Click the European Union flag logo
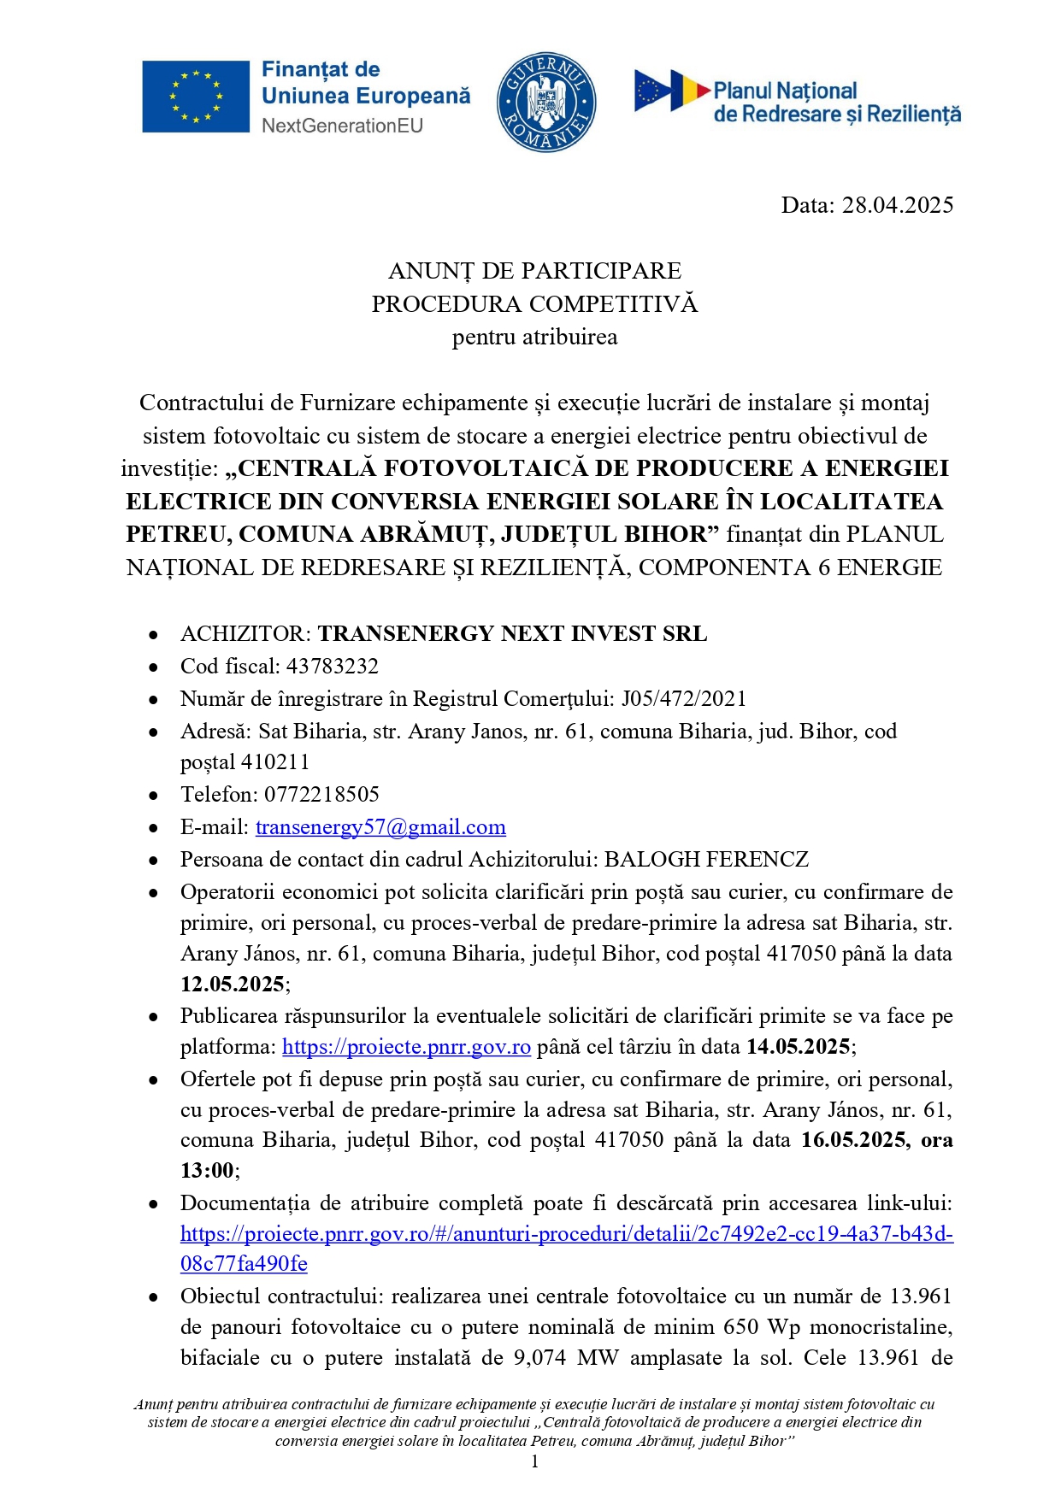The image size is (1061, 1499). click(x=195, y=97)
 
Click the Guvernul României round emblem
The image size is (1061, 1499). click(x=546, y=102)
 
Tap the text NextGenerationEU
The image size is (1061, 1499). click(x=342, y=126)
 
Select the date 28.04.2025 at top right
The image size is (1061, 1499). click(x=898, y=205)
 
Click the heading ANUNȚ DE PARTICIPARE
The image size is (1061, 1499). click(x=534, y=271)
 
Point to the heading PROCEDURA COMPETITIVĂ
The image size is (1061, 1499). click(x=534, y=304)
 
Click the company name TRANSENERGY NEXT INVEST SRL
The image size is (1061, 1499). click(x=512, y=633)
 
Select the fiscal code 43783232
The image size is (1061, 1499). click(x=332, y=666)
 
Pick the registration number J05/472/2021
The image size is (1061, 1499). click(x=683, y=698)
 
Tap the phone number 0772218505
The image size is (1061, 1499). click(x=321, y=794)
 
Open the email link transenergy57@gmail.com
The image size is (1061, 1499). click(x=380, y=827)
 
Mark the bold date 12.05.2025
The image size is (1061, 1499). click(x=232, y=984)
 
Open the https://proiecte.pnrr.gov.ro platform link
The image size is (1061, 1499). click(x=406, y=1047)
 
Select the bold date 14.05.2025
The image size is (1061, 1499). click(x=799, y=1047)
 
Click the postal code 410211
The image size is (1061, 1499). click(x=275, y=761)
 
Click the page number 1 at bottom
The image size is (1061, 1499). click(x=534, y=1461)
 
